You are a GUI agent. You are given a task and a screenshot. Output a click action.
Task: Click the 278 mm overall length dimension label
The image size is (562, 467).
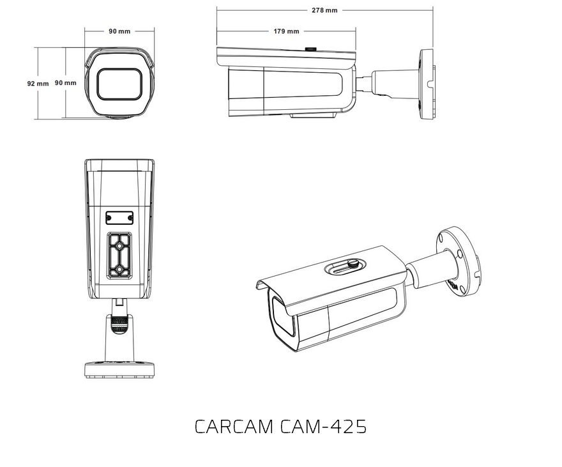[x=324, y=11]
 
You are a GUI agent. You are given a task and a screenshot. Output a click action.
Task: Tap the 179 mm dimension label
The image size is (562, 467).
[x=286, y=31]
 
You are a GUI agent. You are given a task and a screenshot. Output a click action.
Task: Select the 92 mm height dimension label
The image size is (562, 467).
[x=38, y=83]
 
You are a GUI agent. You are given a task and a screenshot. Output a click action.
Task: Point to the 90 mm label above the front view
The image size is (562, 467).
[x=120, y=31]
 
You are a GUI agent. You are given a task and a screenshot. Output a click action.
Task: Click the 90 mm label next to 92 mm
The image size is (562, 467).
[x=65, y=83]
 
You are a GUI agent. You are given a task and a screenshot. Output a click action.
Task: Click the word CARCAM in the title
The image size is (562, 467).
[x=234, y=427]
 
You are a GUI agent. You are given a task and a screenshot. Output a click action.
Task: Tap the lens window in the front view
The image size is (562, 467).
[x=119, y=84]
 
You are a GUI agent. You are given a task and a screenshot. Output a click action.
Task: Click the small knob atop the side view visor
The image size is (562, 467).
[x=311, y=48]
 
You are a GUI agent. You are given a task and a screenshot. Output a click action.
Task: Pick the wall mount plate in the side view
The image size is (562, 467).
[x=426, y=83]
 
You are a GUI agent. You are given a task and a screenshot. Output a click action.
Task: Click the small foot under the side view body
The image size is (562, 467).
[x=313, y=116]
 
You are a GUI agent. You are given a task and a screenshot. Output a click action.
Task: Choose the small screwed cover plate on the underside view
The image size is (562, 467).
[x=119, y=218]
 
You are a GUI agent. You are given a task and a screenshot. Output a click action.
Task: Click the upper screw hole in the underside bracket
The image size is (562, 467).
[x=119, y=243]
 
